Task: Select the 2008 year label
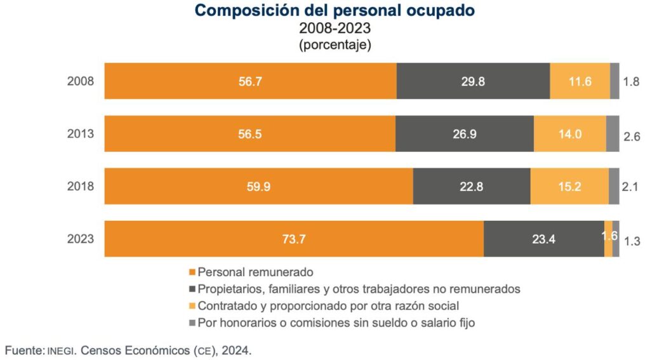click(81, 81)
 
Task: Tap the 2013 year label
click(81, 134)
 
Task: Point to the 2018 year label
click(81, 187)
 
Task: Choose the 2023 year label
click(81, 239)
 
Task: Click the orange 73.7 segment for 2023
click(294, 239)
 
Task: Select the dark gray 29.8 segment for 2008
click(473, 81)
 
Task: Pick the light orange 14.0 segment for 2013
click(569, 134)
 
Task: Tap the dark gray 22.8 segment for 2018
click(472, 187)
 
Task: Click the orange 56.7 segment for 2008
click(250, 81)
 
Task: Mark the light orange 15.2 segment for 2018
click(569, 187)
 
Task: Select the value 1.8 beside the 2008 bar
click(632, 83)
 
